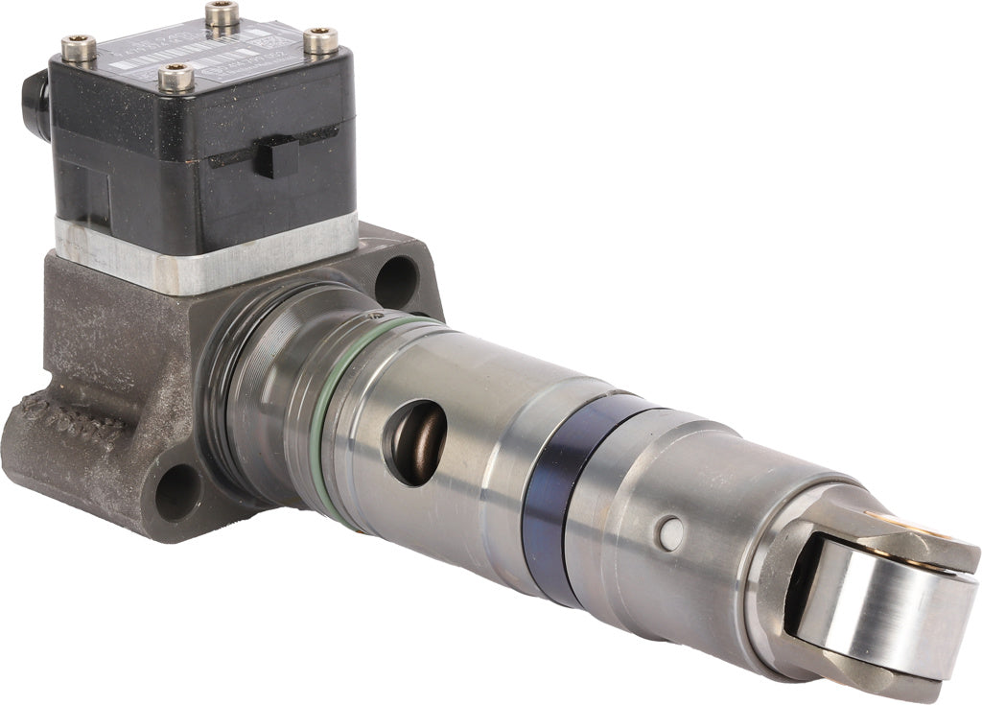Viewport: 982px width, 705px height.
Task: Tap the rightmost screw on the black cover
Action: pyautogui.click(x=321, y=40)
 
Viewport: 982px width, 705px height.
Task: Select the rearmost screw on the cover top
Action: pyautogui.click(x=222, y=13)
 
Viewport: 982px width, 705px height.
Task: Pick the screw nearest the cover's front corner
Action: pyautogui.click(x=175, y=77)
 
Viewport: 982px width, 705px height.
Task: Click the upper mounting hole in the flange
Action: pyautogui.click(x=395, y=281)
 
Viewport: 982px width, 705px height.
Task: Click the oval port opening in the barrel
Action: pyautogui.click(x=415, y=440)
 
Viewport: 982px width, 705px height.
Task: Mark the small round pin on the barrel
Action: pyautogui.click(x=671, y=532)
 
